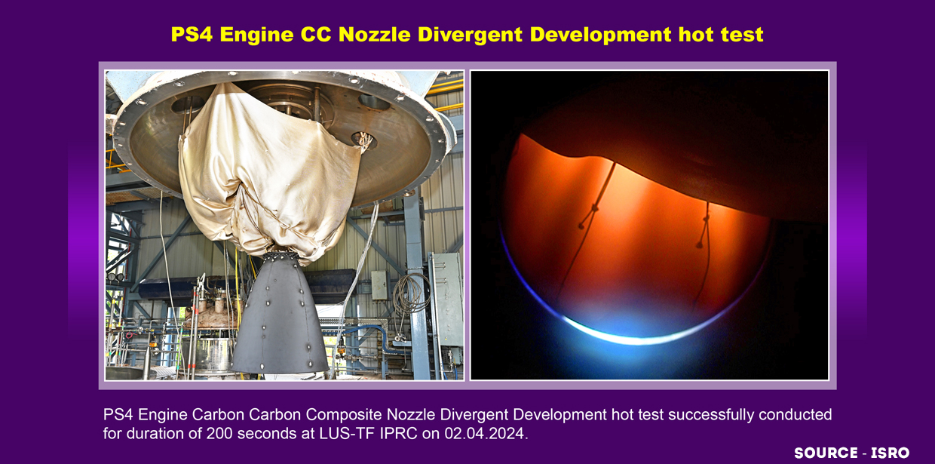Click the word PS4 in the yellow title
[192, 34]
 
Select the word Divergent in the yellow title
[470, 35]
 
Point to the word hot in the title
[696, 34]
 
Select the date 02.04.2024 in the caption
[484, 434]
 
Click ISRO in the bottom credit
[890, 453]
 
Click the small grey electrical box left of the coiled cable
[379, 285]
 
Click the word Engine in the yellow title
[256, 35]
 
